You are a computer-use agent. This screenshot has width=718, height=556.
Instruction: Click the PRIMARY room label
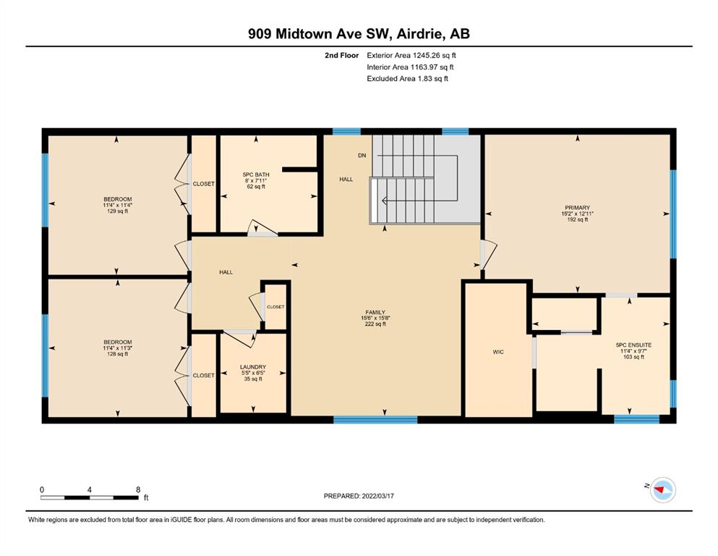pyautogui.click(x=577, y=208)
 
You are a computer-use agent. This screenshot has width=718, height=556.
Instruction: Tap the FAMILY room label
pyautogui.click(x=375, y=312)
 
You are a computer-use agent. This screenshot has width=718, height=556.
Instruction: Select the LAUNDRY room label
pyautogui.click(x=253, y=367)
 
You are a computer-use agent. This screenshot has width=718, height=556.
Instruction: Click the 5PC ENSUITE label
pyautogui.click(x=633, y=345)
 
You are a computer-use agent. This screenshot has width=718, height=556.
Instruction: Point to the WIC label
pyautogui.click(x=498, y=352)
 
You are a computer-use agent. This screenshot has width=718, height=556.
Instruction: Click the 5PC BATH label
pyautogui.click(x=256, y=174)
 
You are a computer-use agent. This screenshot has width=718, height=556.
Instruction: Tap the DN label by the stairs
pyautogui.click(x=362, y=156)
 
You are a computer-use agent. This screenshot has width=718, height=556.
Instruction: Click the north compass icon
pyautogui.click(x=662, y=490)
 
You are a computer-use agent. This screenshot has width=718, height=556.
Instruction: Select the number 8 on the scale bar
pyautogui.click(x=138, y=489)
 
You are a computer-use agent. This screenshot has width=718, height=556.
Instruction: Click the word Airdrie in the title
pyautogui.click(x=420, y=34)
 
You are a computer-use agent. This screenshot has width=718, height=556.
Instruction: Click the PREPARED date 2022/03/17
pyautogui.click(x=377, y=496)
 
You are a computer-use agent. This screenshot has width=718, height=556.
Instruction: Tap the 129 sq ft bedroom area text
pyautogui.click(x=118, y=211)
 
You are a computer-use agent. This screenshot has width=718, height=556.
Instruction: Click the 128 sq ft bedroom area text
pyautogui.click(x=118, y=354)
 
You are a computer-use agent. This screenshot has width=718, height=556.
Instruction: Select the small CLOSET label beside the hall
pyautogui.click(x=275, y=307)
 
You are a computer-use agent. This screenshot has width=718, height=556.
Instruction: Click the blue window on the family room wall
pyautogui.click(x=375, y=419)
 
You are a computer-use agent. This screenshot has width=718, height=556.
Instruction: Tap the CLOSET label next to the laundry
pyautogui.click(x=203, y=376)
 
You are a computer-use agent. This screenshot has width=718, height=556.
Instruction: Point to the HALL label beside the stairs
pyautogui.click(x=346, y=180)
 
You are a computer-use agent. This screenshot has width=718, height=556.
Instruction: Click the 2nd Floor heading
pyautogui.click(x=341, y=56)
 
